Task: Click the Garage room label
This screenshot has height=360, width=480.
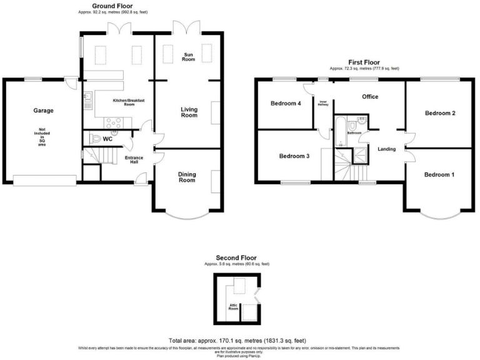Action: click(x=43, y=111)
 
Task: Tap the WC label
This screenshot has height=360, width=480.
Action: click(x=107, y=138)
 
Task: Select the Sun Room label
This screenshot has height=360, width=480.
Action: click(x=189, y=56)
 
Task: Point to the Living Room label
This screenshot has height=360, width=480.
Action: click(x=189, y=112)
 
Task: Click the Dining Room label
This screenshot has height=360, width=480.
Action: click(x=187, y=177)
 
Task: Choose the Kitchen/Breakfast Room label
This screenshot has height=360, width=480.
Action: click(x=115, y=102)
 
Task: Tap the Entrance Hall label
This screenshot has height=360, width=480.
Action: click(x=134, y=160)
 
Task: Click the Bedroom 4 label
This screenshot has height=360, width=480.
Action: click(x=286, y=104)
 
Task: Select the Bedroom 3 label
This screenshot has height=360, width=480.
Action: click(x=294, y=156)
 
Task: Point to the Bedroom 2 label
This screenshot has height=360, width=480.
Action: click(x=440, y=113)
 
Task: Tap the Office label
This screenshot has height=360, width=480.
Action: click(x=371, y=97)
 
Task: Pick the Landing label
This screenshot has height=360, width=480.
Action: click(x=387, y=149)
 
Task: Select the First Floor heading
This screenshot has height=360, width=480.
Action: click(x=364, y=62)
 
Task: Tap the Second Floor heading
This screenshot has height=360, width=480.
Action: click(x=236, y=257)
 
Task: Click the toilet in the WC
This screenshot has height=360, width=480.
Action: click(x=94, y=139)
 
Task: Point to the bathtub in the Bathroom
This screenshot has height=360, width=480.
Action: click(x=339, y=131)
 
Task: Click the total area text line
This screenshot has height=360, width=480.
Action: click(x=240, y=340)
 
